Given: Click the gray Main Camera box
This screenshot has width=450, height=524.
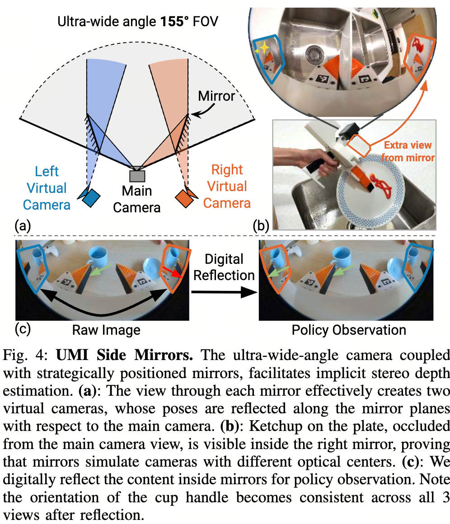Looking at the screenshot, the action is (x=137, y=176).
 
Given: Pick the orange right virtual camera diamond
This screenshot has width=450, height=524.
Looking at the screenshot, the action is (x=184, y=198).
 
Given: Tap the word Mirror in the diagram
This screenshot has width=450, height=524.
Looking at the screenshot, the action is (x=216, y=96).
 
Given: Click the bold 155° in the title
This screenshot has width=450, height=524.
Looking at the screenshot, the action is (x=174, y=22).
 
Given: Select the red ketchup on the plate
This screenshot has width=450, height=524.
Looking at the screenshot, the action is (x=382, y=187).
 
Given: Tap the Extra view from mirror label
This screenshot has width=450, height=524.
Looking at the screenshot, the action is (x=408, y=151).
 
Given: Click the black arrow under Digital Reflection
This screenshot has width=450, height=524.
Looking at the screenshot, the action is (x=224, y=292).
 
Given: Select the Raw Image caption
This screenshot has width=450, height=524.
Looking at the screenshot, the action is (x=106, y=330).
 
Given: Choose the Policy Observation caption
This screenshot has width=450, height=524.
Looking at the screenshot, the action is (x=349, y=330).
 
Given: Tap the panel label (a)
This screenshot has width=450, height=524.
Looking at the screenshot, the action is (x=23, y=226).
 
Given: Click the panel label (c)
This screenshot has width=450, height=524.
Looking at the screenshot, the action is (x=23, y=329).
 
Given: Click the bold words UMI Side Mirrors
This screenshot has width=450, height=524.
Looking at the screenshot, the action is (x=124, y=355).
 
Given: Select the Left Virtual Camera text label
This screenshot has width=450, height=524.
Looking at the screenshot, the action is (x=47, y=188).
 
